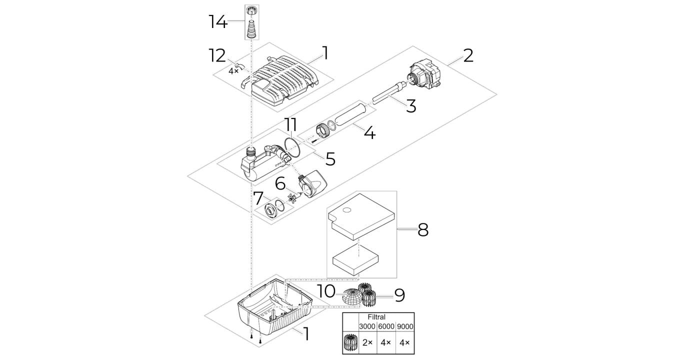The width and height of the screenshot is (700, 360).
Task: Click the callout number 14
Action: (x=218, y=22)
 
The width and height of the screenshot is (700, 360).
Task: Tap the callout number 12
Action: (x=217, y=55)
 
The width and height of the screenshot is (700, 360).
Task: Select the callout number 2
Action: (x=468, y=55)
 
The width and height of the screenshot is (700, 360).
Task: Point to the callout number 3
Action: (x=411, y=106)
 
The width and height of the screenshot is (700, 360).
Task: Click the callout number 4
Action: (x=369, y=133)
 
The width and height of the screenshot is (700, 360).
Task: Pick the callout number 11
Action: (x=291, y=124)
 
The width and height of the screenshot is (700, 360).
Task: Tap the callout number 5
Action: (x=330, y=159)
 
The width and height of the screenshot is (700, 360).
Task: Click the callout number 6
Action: (x=280, y=183)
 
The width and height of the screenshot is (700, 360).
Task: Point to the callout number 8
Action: (x=423, y=229)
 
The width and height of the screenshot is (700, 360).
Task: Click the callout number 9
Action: (x=399, y=295)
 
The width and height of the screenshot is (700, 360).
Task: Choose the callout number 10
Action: (x=326, y=291)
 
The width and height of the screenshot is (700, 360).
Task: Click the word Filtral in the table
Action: (x=376, y=317)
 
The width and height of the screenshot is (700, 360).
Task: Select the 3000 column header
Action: (x=367, y=326)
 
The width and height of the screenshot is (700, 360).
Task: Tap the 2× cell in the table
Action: (x=367, y=342)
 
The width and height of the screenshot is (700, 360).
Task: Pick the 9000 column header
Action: (x=405, y=326)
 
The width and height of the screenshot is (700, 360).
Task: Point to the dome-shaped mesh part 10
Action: (x=352, y=297)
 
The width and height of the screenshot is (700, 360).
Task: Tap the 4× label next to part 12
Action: (x=233, y=71)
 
